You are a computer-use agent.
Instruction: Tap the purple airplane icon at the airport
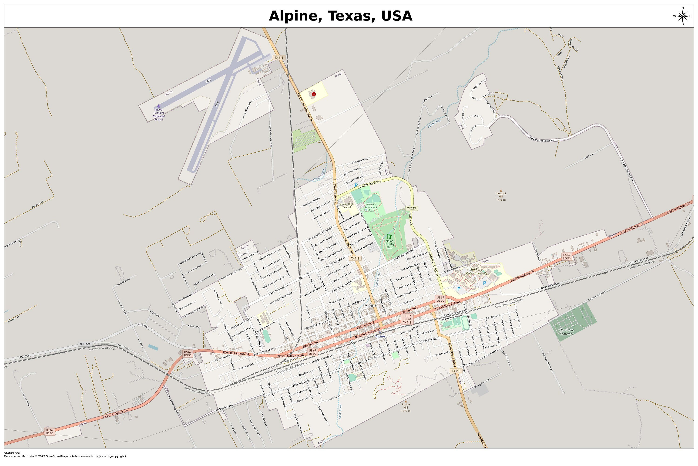pyautogui.click(x=159, y=106)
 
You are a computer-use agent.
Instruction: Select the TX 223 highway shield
pyautogui.click(x=412, y=209)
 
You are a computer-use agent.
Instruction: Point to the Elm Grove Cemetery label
pyautogui.click(x=566, y=332)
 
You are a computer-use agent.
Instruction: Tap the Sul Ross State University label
pyautogui.click(x=476, y=271)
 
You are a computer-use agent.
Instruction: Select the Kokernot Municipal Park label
pyautogui.click(x=371, y=207)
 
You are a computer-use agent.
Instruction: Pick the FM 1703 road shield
pyautogui.click(x=85, y=344)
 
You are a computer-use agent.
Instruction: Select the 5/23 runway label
pyautogui.click(x=208, y=81)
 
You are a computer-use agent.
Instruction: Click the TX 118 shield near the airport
pyautogui.click(x=279, y=58)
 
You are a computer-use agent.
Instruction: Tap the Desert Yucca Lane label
pyautogui.click(x=247, y=109)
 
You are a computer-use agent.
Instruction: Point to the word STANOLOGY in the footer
pyautogui.click(x=12, y=453)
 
